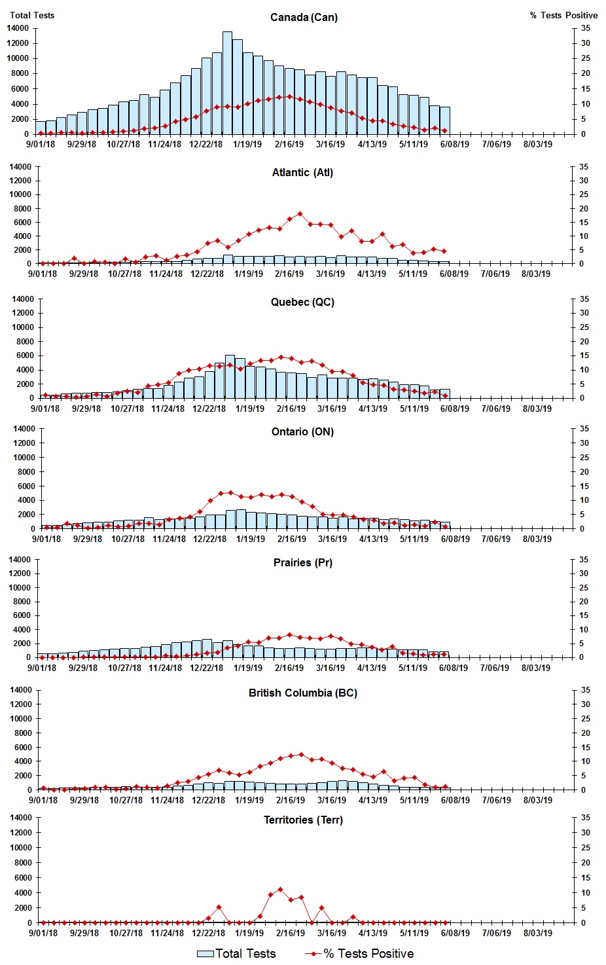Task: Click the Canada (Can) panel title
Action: [304, 18]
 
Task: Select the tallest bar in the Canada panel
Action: [227, 82]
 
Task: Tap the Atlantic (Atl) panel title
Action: [302, 173]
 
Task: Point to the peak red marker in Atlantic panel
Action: [300, 214]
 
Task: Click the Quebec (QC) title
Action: [302, 302]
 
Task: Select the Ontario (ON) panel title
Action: [302, 432]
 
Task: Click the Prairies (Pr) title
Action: [302, 563]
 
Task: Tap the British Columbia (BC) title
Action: [302, 693]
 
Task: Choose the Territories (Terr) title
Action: [302, 820]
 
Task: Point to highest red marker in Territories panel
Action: [280, 889]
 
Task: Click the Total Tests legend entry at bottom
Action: [236, 954]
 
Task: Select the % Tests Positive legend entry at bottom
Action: [359, 954]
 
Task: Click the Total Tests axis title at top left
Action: [32, 15]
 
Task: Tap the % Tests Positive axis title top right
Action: [563, 15]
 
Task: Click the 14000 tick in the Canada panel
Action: [18, 28]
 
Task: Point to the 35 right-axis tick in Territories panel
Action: [585, 818]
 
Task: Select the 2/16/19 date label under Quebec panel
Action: [291, 409]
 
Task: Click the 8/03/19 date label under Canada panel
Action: [537, 144]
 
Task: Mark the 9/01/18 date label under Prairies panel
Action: [42, 668]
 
